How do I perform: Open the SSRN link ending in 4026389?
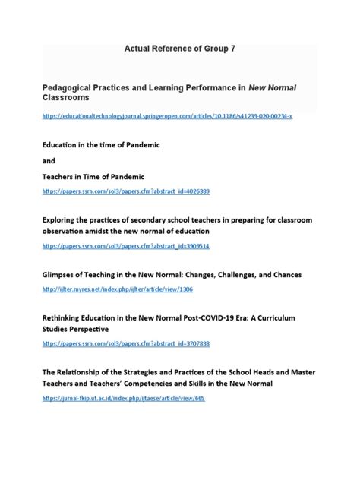pos(126,191)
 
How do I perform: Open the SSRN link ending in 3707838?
pos(126,344)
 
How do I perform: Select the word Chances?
pos(281,273)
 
